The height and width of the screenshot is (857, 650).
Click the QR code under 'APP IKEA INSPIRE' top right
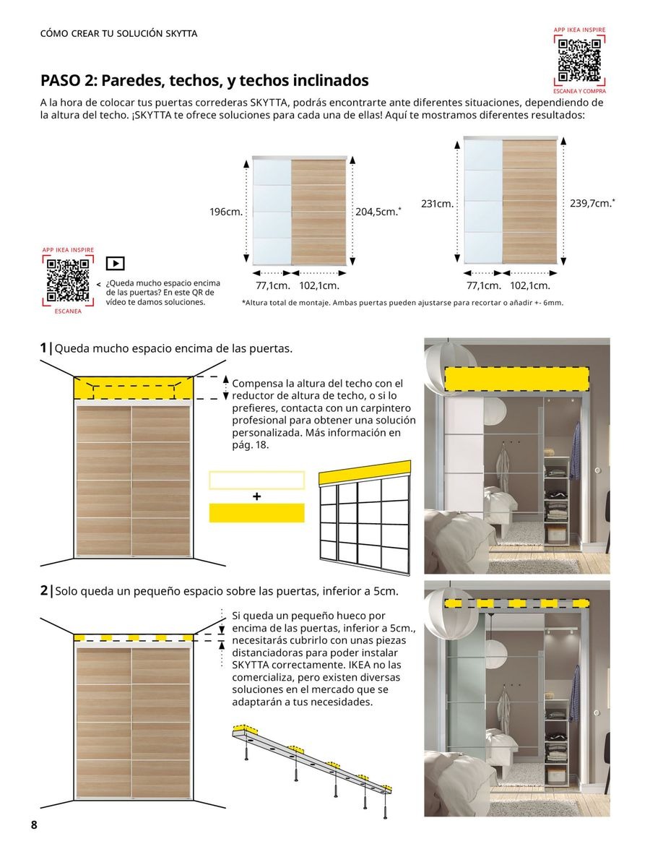(x=579, y=61)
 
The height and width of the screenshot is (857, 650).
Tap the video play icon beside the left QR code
(x=115, y=263)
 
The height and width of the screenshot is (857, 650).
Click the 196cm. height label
(x=226, y=212)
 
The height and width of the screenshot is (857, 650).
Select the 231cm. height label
(x=437, y=204)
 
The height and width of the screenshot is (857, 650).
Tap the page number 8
(x=33, y=826)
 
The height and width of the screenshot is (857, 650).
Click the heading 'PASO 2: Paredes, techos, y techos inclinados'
(x=204, y=80)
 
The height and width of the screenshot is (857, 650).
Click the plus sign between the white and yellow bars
(x=256, y=496)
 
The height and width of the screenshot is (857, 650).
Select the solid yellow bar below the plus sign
(x=256, y=513)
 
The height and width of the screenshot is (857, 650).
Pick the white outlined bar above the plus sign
(x=256, y=480)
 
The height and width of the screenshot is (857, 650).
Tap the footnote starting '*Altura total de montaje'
(x=402, y=303)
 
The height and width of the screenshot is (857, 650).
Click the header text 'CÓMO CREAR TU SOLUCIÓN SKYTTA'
(x=118, y=34)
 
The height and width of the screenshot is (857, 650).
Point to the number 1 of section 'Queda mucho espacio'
(x=44, y=348)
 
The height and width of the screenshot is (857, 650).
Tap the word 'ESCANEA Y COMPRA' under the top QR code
(x=579, y=92)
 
